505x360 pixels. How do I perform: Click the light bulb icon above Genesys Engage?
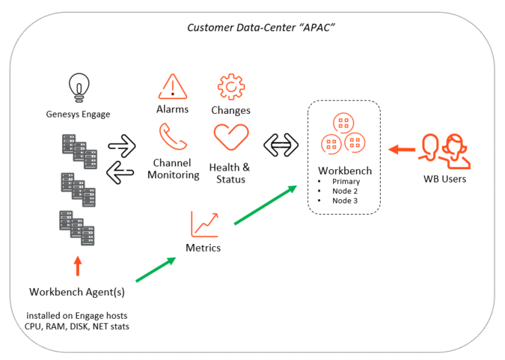(79, 88)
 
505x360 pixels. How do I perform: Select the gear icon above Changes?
(231, 87)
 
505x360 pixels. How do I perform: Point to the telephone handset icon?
(173, 137)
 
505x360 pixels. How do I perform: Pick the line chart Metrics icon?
(205, 225)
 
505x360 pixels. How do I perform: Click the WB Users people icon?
(444, 151)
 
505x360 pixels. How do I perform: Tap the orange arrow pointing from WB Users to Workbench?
(402, 150)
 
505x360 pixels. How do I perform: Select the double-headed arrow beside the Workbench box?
(281, 145)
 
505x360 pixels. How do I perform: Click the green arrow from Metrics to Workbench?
(266, 204)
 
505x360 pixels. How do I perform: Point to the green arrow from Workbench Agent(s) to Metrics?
(156, 269)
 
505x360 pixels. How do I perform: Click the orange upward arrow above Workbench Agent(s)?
(78, 266)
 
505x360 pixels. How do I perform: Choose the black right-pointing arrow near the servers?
(122, 146)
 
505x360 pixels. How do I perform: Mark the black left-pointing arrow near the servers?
(120, 172)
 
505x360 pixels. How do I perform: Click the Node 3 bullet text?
(345, 201)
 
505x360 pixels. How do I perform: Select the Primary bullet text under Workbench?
(346, 181)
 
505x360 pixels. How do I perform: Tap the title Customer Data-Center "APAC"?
(261, 28)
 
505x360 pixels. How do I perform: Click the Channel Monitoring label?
(174, 169)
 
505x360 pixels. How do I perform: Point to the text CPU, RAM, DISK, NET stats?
(77, 326)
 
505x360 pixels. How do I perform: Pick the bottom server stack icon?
(77, 228)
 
